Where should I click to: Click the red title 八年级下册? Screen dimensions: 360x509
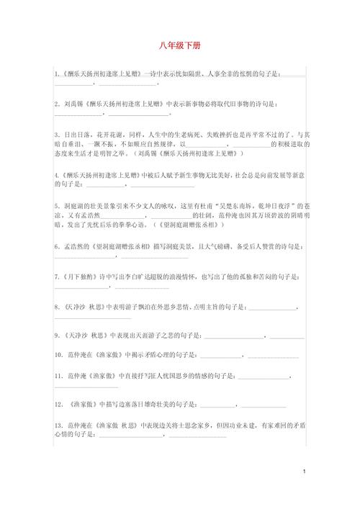(180, 46)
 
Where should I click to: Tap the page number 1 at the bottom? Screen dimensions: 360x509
(305, 471)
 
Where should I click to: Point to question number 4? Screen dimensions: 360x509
(56, 175)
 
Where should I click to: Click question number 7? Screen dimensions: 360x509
(56, 276)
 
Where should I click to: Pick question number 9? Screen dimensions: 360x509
(56, 335)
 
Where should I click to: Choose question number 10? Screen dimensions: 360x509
(58, 356)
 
